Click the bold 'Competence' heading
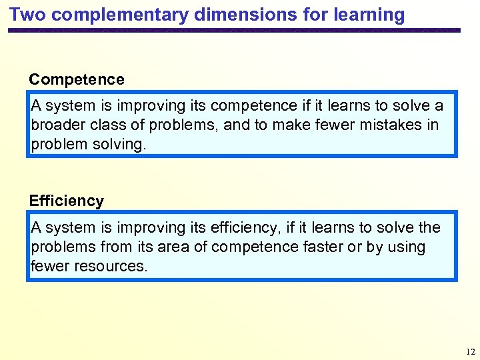pos(77,80)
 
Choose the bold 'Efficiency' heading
pos(67,201)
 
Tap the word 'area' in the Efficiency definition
pos(175,247)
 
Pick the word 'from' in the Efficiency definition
pos(116,247)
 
